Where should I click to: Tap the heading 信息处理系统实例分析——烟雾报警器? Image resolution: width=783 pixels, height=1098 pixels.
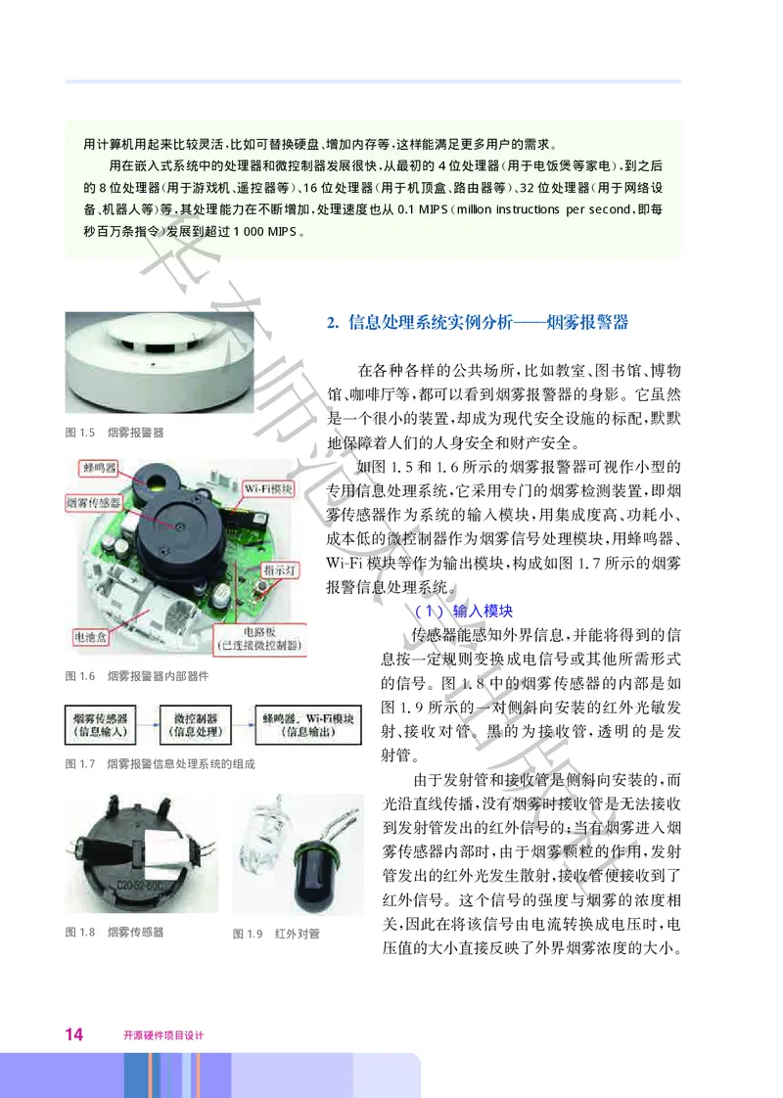pyautogui.click(x=477, y=321)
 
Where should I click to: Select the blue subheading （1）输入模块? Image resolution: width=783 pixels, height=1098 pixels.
pyautogui.click(x=457, y=610)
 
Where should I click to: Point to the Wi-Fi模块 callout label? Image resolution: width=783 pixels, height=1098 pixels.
pyautogui.click(x=267, y=486)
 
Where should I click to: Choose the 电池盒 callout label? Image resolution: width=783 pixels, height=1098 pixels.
pyautogui.click(x=95, y=635)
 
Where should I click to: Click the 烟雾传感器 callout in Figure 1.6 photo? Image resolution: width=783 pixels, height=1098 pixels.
pyautogui.click(x=95, y=502)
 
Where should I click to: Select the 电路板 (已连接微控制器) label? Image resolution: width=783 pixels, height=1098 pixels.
pyautogui.click(x=260, y=638)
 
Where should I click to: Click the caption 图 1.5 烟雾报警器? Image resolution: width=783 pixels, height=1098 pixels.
pyautogui.click(x=114, y=432)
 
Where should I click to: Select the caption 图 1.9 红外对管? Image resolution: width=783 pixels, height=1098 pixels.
pyautogui.click(x=276, y=934)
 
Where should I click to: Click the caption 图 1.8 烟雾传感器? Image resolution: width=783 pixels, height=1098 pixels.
pyautogui.click(x=114, y=932)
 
